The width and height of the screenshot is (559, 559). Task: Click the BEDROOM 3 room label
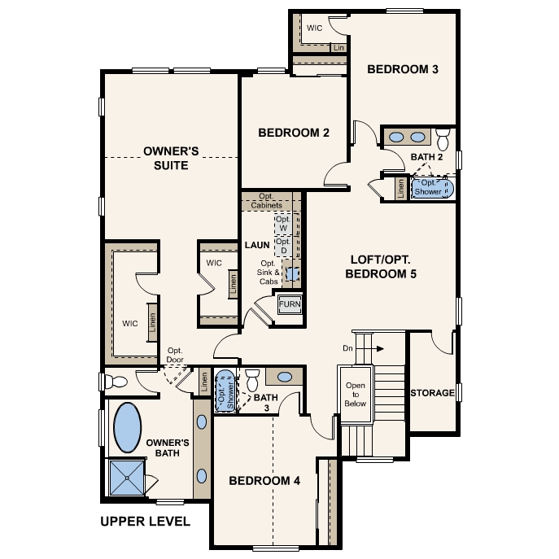point(403,69)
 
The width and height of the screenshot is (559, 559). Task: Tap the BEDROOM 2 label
point(293,133)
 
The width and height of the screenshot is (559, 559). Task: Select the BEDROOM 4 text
point(264,481)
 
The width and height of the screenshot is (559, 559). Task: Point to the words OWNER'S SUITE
point(166,158)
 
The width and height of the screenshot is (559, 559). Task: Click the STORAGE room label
point(432,393)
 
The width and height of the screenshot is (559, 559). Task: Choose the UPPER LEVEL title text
point(145,521)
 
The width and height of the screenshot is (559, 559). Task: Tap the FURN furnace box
point(290,304)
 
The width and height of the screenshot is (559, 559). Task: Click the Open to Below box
point(356,394)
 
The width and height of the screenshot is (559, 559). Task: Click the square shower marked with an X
point(126,479)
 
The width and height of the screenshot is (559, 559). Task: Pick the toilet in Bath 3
point(252,378)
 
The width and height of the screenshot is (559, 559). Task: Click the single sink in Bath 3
point(285,377)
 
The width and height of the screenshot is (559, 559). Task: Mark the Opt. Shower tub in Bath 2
point(430,187)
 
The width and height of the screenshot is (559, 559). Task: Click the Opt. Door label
point(174,354)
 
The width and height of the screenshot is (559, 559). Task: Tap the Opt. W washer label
point(282,224)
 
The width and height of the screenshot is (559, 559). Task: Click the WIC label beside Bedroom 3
point(315,28)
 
